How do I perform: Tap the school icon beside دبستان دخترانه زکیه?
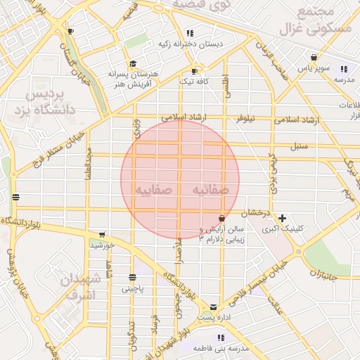(190, 33)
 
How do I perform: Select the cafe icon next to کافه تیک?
(195, 71)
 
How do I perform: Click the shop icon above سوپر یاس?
(314, 57)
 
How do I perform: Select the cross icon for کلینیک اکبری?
(282, 218)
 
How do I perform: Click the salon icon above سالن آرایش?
(222, 219)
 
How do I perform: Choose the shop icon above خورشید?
(102, 234)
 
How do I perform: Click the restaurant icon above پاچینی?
(132, 277)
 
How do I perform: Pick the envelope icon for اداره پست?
(214, 307)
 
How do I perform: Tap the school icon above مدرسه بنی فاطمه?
(222, 337)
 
